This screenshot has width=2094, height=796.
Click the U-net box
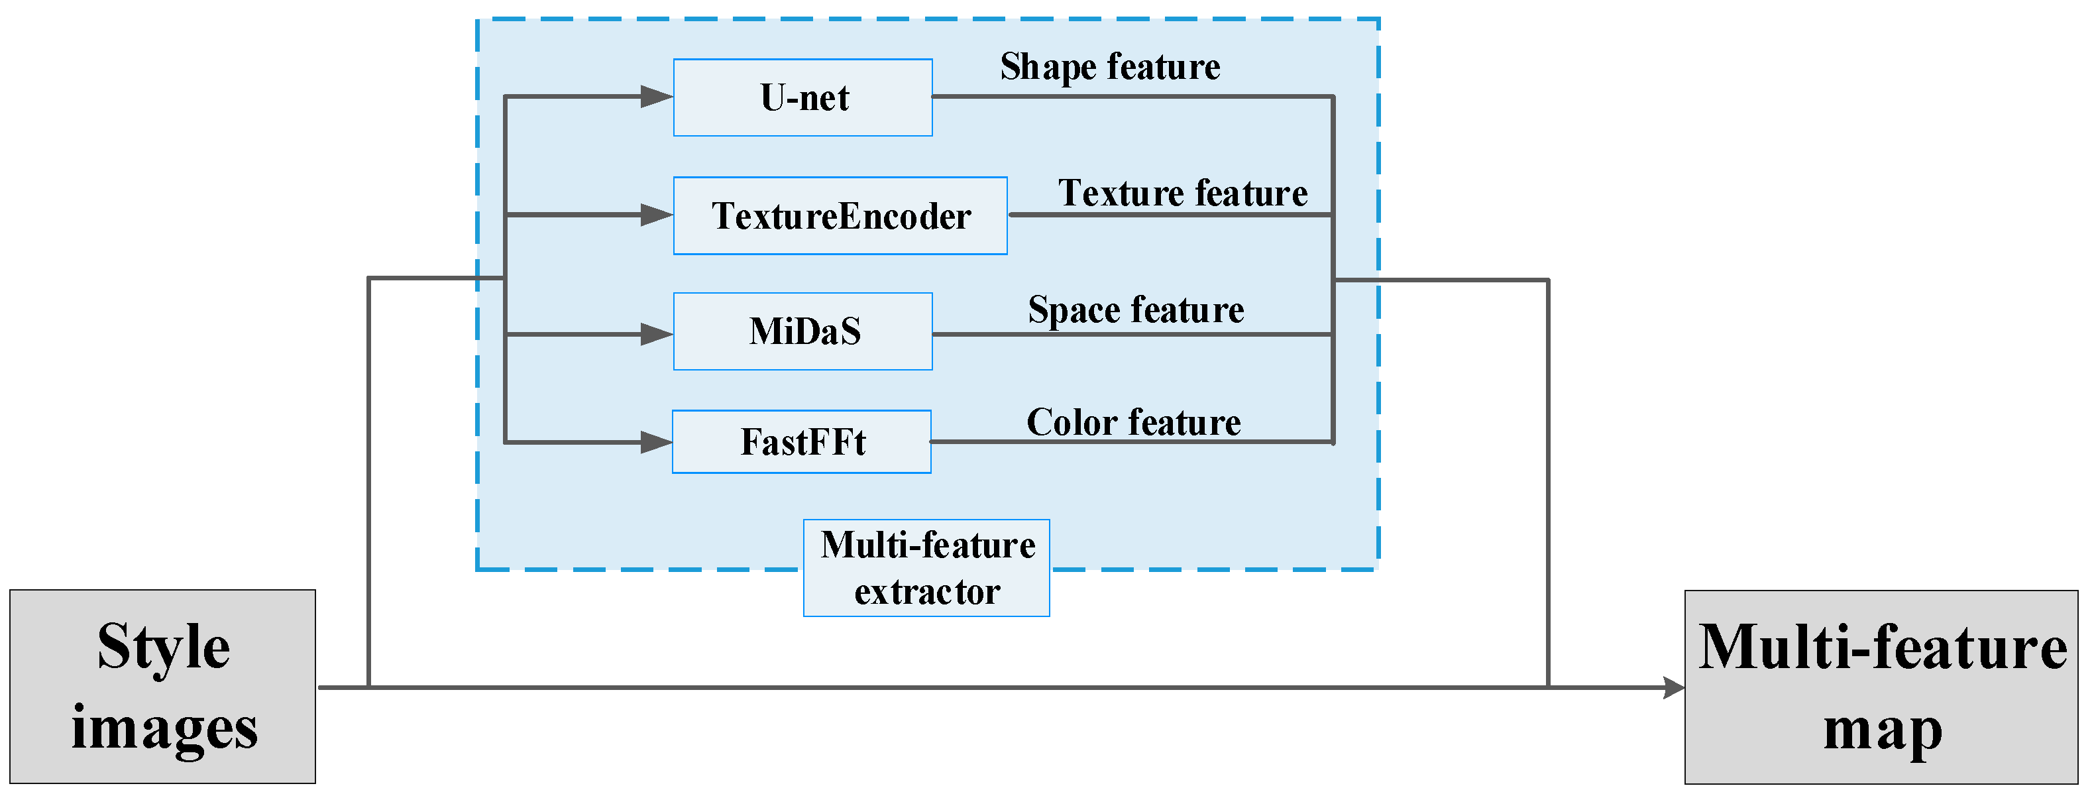[x=802, y=97]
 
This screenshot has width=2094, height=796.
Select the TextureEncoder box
[x=840, y=215]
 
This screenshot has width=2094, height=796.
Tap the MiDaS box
[x=802, y=331]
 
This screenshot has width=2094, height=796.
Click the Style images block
[x=162, y=687]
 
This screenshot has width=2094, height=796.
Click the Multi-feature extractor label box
[x=926, y=567]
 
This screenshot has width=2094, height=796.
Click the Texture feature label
[x=1183, y=193]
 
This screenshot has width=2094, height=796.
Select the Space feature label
[x=1136, y=310]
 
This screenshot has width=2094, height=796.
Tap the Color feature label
[x=1133, y=422]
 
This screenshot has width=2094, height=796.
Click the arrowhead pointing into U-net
[x=655, y=97]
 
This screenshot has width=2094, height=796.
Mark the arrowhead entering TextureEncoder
[x=655, y=215]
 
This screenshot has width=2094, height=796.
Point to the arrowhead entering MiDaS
[x=655, y=334]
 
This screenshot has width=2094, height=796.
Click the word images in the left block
[x=164, y=728]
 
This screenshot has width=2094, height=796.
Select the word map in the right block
[x=1883, y=729]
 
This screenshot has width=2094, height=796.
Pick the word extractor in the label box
[x=926, y=592]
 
